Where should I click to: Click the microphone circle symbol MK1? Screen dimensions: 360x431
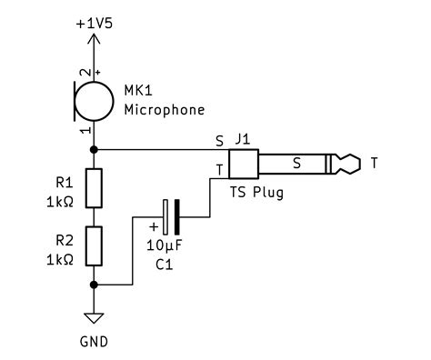pyautogui.click(x=95, y=99)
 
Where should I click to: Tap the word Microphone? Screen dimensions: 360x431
pyautogui.click(x=164, y=110)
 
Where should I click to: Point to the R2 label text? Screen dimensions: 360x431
pyautogui.click(x=64, y=240)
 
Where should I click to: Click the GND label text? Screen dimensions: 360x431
pyautogui.click(x=94, y=344)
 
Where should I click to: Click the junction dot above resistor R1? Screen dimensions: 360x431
pyautogui.click(x=95, y=149)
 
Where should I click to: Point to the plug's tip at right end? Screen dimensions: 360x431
pyautogui.click(x=347, y=165)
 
